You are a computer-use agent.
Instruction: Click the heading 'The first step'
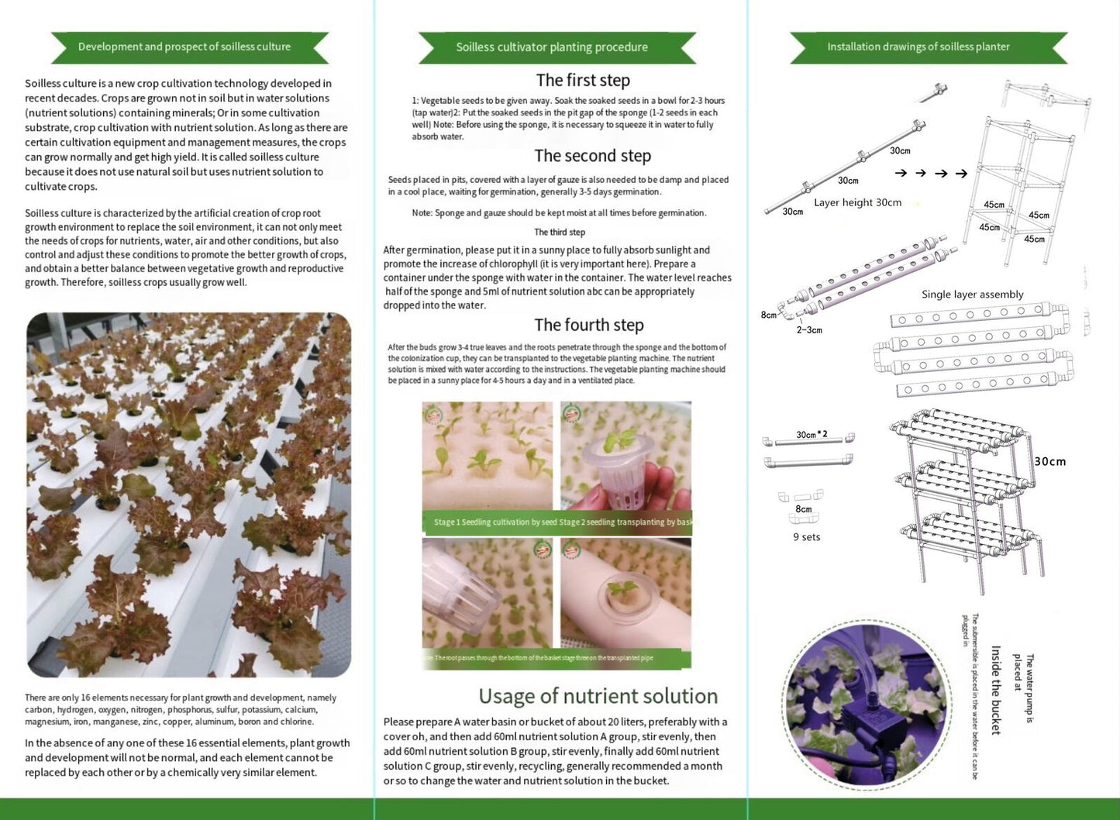[x=583, y=81]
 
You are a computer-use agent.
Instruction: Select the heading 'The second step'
[x=592, y=156]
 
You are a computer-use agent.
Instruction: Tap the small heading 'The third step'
[x=560, y=233]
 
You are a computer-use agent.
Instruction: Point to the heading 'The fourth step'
[x=588, y=326]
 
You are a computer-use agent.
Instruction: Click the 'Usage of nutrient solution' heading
[x=598, y=696]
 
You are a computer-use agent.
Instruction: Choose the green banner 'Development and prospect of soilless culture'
[x=184, y=47]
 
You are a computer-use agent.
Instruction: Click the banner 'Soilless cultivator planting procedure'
[x=551, y=47]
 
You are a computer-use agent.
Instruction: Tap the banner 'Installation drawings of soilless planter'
[x=918, y=47]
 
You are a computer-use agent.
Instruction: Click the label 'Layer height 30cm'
[x=857, y=203]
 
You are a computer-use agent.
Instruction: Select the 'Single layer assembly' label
[x=972, y=295]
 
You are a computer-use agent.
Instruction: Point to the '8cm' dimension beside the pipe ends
[x=768, y=315]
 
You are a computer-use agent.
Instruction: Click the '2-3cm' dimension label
[x=809, y=330]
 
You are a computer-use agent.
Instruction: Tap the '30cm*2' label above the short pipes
[x=812, y=435]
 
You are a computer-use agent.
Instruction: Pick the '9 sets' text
[x=806, y=537]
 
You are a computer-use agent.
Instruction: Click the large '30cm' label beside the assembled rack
[x=1050, y=462]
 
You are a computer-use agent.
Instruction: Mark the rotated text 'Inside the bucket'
[x=996, y=690]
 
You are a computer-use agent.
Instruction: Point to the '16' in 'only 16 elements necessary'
[x=86, y=698]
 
